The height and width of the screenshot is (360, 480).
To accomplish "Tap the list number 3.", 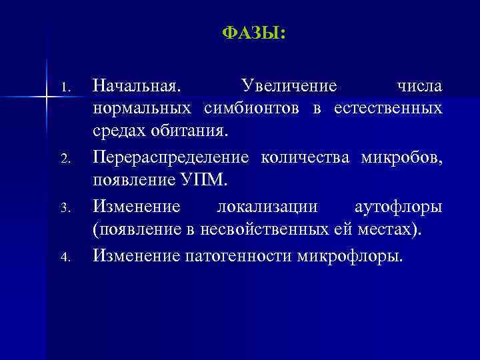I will click(x=65, y=209).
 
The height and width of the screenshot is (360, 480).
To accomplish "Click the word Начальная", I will click(x=136, y=86).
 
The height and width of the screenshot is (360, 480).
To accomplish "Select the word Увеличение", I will click(x=289, y=86).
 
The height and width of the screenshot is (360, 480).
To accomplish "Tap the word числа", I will click(x=419, y=86).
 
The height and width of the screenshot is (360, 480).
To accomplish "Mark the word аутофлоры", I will click(x=397, y=207).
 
